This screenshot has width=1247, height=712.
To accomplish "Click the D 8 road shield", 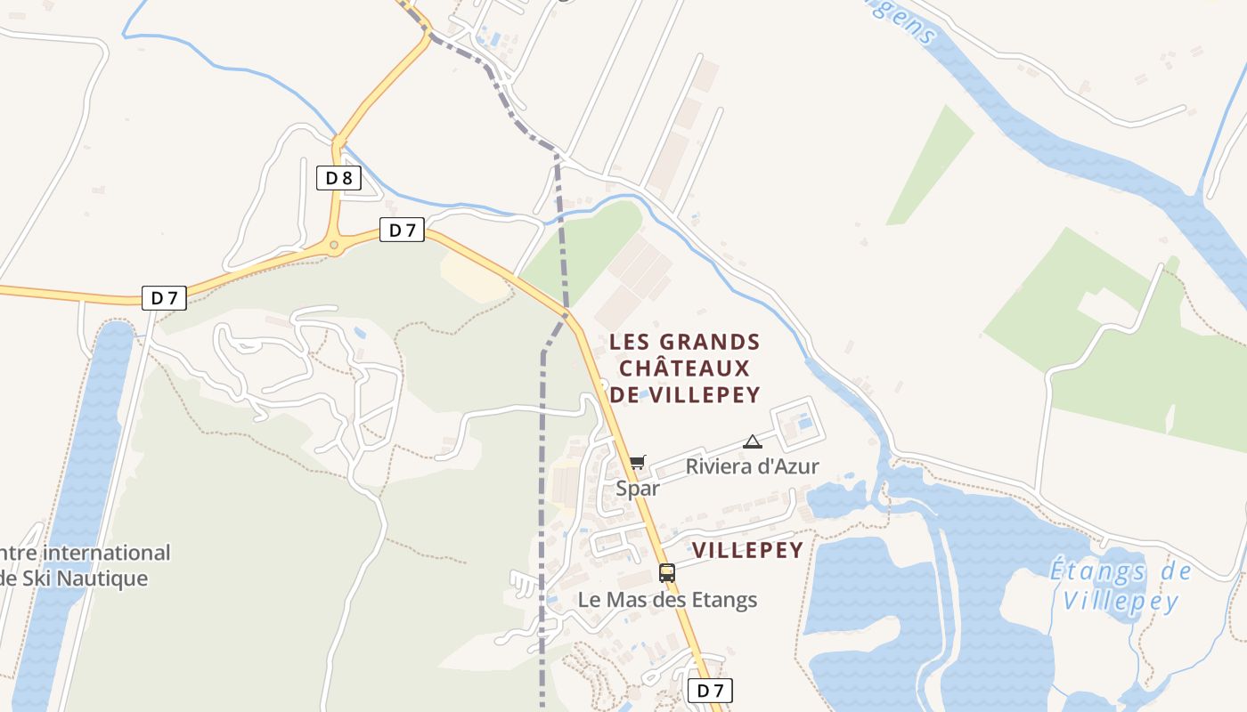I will point(338,178).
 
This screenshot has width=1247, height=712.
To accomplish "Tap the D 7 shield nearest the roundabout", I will point(403,230).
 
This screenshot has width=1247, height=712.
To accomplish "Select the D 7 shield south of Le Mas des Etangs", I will point(711,690).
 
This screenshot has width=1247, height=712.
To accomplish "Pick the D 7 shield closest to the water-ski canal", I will point(164,297).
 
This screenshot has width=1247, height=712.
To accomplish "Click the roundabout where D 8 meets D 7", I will point(334,245).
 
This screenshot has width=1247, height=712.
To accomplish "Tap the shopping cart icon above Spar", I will point(637,462).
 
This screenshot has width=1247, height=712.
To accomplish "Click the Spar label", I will point(638,489).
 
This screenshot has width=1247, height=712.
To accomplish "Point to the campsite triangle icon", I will point(753,441).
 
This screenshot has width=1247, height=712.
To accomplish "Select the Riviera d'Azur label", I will point(752,466).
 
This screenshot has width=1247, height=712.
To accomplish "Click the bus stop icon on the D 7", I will point(667,573).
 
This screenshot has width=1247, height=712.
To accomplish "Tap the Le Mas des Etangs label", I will point(667,600).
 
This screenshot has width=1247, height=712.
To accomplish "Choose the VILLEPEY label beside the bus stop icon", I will point(748,550).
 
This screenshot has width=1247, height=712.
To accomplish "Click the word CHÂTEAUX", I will point(684,368).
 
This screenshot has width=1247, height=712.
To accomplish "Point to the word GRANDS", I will point(709,343).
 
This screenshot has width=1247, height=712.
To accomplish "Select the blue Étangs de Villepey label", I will point(1120,586).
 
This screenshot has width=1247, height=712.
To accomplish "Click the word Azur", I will point(796,466).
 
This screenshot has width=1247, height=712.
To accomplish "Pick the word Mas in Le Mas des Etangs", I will point(629,600).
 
